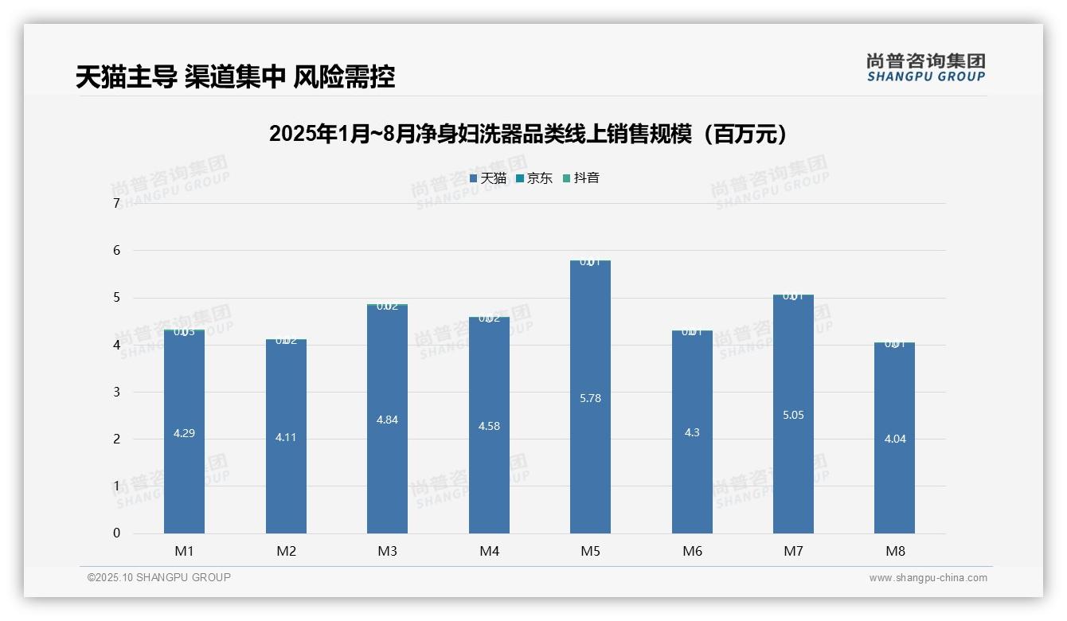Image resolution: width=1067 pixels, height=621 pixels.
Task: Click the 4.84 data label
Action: click(387, 420)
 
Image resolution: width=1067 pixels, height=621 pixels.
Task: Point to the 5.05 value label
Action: click(793, 415)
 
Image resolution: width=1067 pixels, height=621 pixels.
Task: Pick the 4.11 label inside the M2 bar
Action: click(286, 437)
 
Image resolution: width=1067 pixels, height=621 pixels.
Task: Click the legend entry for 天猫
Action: click(488, 178)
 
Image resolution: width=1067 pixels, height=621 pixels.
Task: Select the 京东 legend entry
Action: click(534, 178)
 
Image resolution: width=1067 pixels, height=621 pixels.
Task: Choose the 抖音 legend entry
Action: click(581, 178)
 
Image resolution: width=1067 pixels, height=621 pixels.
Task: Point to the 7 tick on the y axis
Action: click(116, 204)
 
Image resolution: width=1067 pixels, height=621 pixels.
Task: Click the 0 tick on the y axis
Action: click(116, 533)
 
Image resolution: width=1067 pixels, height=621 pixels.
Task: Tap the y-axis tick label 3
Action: click(116, 392)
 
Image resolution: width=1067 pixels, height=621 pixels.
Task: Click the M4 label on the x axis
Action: click(489, 551)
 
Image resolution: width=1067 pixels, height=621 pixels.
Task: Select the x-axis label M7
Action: click(793, 551)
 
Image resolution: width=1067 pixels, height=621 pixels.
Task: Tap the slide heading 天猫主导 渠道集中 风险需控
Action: click(236, 77)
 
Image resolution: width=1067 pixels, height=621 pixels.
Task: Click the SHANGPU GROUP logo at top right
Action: click(925, 68)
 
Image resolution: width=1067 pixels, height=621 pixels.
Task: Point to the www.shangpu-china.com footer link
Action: click(928, 578)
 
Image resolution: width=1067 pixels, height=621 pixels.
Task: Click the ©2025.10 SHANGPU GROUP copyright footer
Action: click(159, 578)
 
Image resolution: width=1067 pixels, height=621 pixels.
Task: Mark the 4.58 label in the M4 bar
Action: click(489, 426)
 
